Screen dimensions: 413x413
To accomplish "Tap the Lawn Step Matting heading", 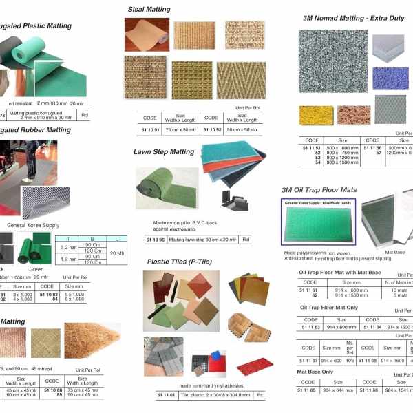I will (164, 151).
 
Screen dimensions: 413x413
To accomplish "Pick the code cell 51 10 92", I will (211, 129).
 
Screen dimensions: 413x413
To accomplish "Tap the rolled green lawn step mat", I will (163, 189).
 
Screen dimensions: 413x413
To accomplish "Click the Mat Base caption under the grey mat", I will (394, 253).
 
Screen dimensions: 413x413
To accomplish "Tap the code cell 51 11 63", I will (310, 328).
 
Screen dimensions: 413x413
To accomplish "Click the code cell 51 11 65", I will (310, 390).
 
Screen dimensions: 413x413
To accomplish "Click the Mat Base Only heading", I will (317, 372).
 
